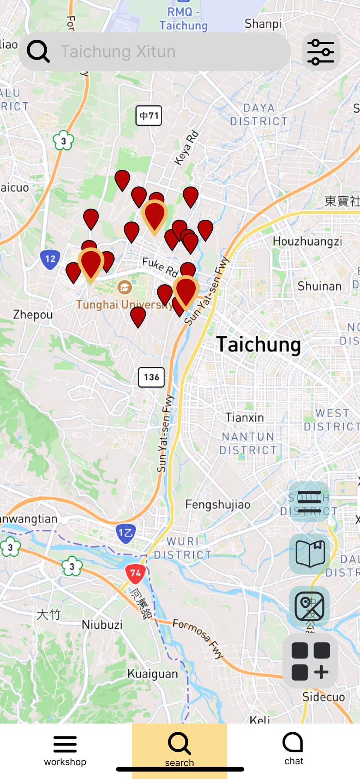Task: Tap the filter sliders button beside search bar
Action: click(321, 52)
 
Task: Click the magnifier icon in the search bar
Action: click(38, 51)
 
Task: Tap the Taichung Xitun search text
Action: click(118, 52)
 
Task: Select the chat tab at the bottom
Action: click(293, 748)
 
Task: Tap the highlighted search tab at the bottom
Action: click(179, 750)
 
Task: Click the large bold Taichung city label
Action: click(258, 344)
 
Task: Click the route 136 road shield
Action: click(151, 377)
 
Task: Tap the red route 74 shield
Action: click(135, 574)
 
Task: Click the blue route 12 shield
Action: click(50, 260)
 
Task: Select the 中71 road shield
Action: click(149, 115)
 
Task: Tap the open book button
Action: click(310, 553)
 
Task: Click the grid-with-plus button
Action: click(310, 661)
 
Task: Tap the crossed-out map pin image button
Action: click(310, 606)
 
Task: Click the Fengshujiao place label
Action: click(218, 505)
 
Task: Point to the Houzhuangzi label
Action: click(307, 241)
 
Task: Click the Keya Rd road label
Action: click(187, 148)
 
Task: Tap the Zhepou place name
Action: click(33, 315)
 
